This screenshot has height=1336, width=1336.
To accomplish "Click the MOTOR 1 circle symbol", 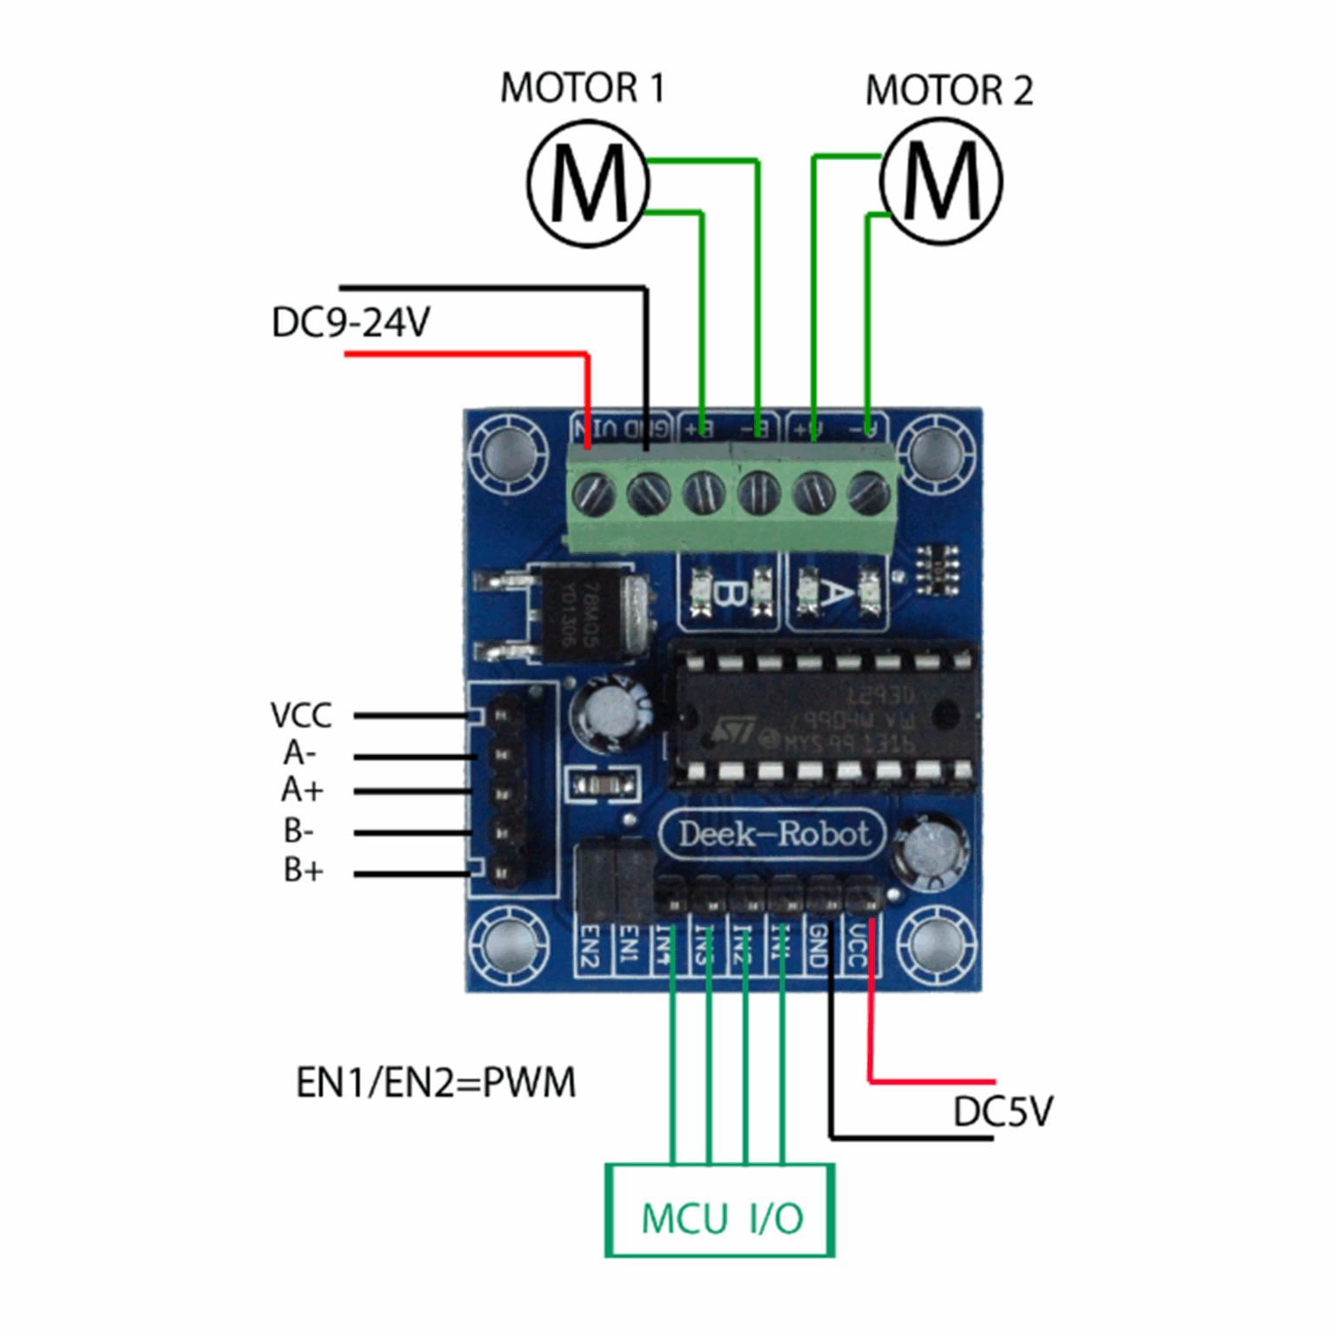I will (588, 184).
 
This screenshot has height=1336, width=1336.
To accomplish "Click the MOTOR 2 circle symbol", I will (941, 181).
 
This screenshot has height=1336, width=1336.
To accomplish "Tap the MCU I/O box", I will (720, 1211).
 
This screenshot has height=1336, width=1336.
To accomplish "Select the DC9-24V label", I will (351, 323).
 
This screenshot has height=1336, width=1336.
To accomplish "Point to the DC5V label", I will (1002, 1112).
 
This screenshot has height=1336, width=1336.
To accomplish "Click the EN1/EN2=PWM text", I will (436, 1083).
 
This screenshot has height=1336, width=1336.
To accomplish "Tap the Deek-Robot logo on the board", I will (772, 834).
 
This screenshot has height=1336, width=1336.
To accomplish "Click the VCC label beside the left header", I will (301, 716).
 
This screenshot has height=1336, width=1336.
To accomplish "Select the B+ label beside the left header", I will (303, 870).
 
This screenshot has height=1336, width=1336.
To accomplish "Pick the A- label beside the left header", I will (299, 752).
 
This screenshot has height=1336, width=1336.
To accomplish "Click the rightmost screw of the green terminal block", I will (867, 493).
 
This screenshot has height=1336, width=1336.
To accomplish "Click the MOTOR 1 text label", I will (582, 88).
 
